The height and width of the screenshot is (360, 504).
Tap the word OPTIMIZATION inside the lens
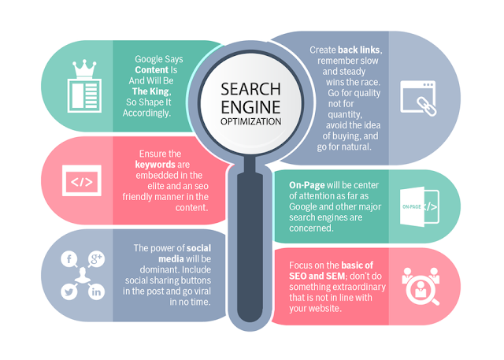click(251, 122)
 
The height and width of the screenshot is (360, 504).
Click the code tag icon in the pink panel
click(81, 183)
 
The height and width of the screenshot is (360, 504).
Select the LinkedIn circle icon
click(97, 291)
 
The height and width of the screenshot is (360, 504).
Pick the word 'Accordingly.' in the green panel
click(149, 113)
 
